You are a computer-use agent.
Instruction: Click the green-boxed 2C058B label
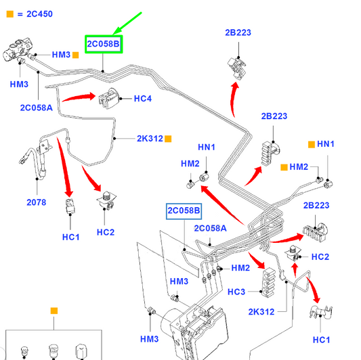click(x=104, y=44)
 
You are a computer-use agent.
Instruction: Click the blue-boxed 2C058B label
click(x=184, y=211)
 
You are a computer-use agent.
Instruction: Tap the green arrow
click(x=127, y=24)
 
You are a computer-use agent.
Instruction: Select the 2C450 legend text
click(x=39, y=14)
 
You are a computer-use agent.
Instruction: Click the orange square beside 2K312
click(x=168, y=139)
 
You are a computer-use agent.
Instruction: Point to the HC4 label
click(x=143, y=99)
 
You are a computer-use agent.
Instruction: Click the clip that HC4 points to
click(x=109, y=98)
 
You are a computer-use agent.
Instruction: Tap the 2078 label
click(x=36, y=202)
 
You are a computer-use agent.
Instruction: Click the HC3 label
click(x=236, y=292)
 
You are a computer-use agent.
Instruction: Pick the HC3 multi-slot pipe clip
click(x=269, y=282)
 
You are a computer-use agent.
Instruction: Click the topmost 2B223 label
click(x=238, y=32)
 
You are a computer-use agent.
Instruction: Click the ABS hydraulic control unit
click(x=196, y=332)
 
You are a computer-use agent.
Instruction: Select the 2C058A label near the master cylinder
click(x=37, y=108)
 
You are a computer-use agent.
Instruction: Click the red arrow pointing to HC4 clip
click(x=79, y=97)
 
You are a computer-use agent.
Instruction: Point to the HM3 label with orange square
click(x=61, y=55)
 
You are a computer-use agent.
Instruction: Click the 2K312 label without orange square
click(x=261, y=312)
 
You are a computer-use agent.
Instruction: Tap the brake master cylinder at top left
click(x=17, y=49)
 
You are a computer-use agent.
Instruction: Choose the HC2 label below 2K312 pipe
click(x=106, y=232)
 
